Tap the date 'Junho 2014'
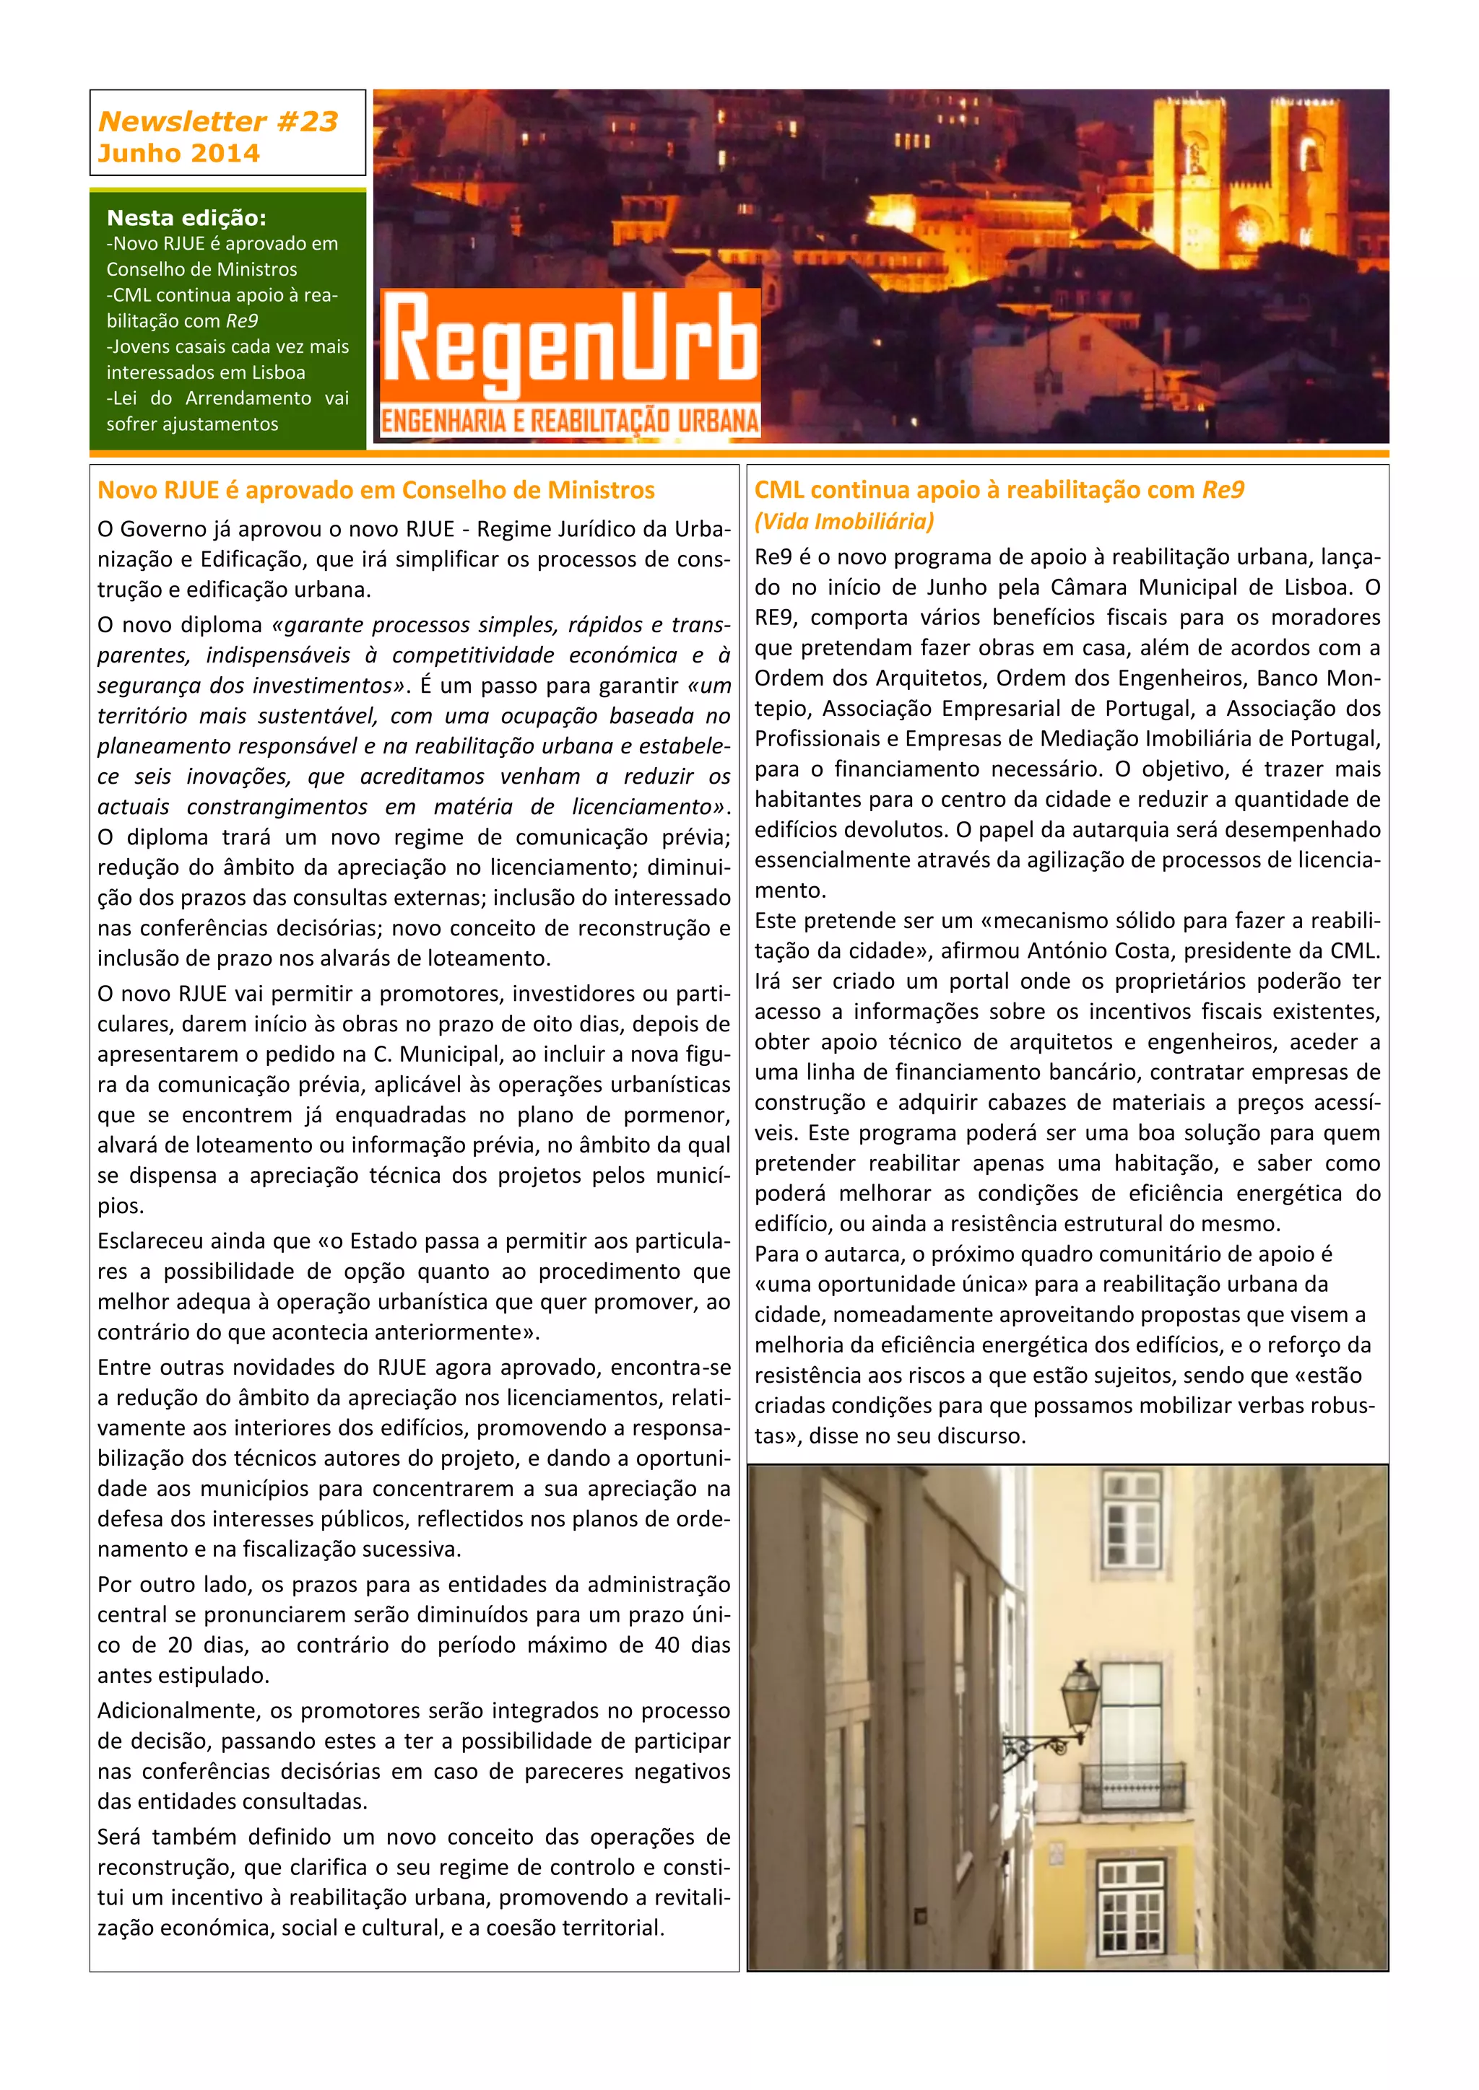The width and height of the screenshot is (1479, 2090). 178,153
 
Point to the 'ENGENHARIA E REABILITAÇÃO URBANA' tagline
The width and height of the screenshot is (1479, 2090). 570,421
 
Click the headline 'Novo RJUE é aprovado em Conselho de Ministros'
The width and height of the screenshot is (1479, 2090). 376,490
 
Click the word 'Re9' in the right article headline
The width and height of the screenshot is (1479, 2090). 1223,490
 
